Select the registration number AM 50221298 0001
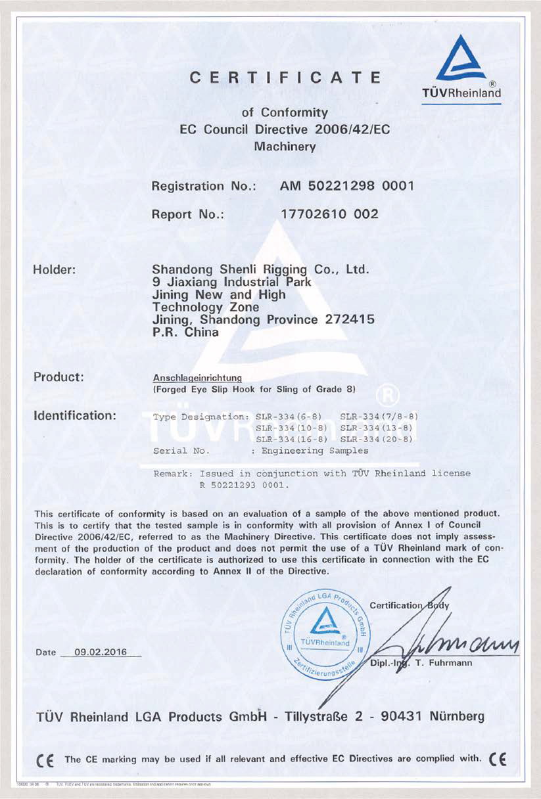pyautogui.click(x=346, y=186)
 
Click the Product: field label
pyautogui.click(x=62, y=378)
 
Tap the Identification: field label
pyautogui.click(x=75, y=416)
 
